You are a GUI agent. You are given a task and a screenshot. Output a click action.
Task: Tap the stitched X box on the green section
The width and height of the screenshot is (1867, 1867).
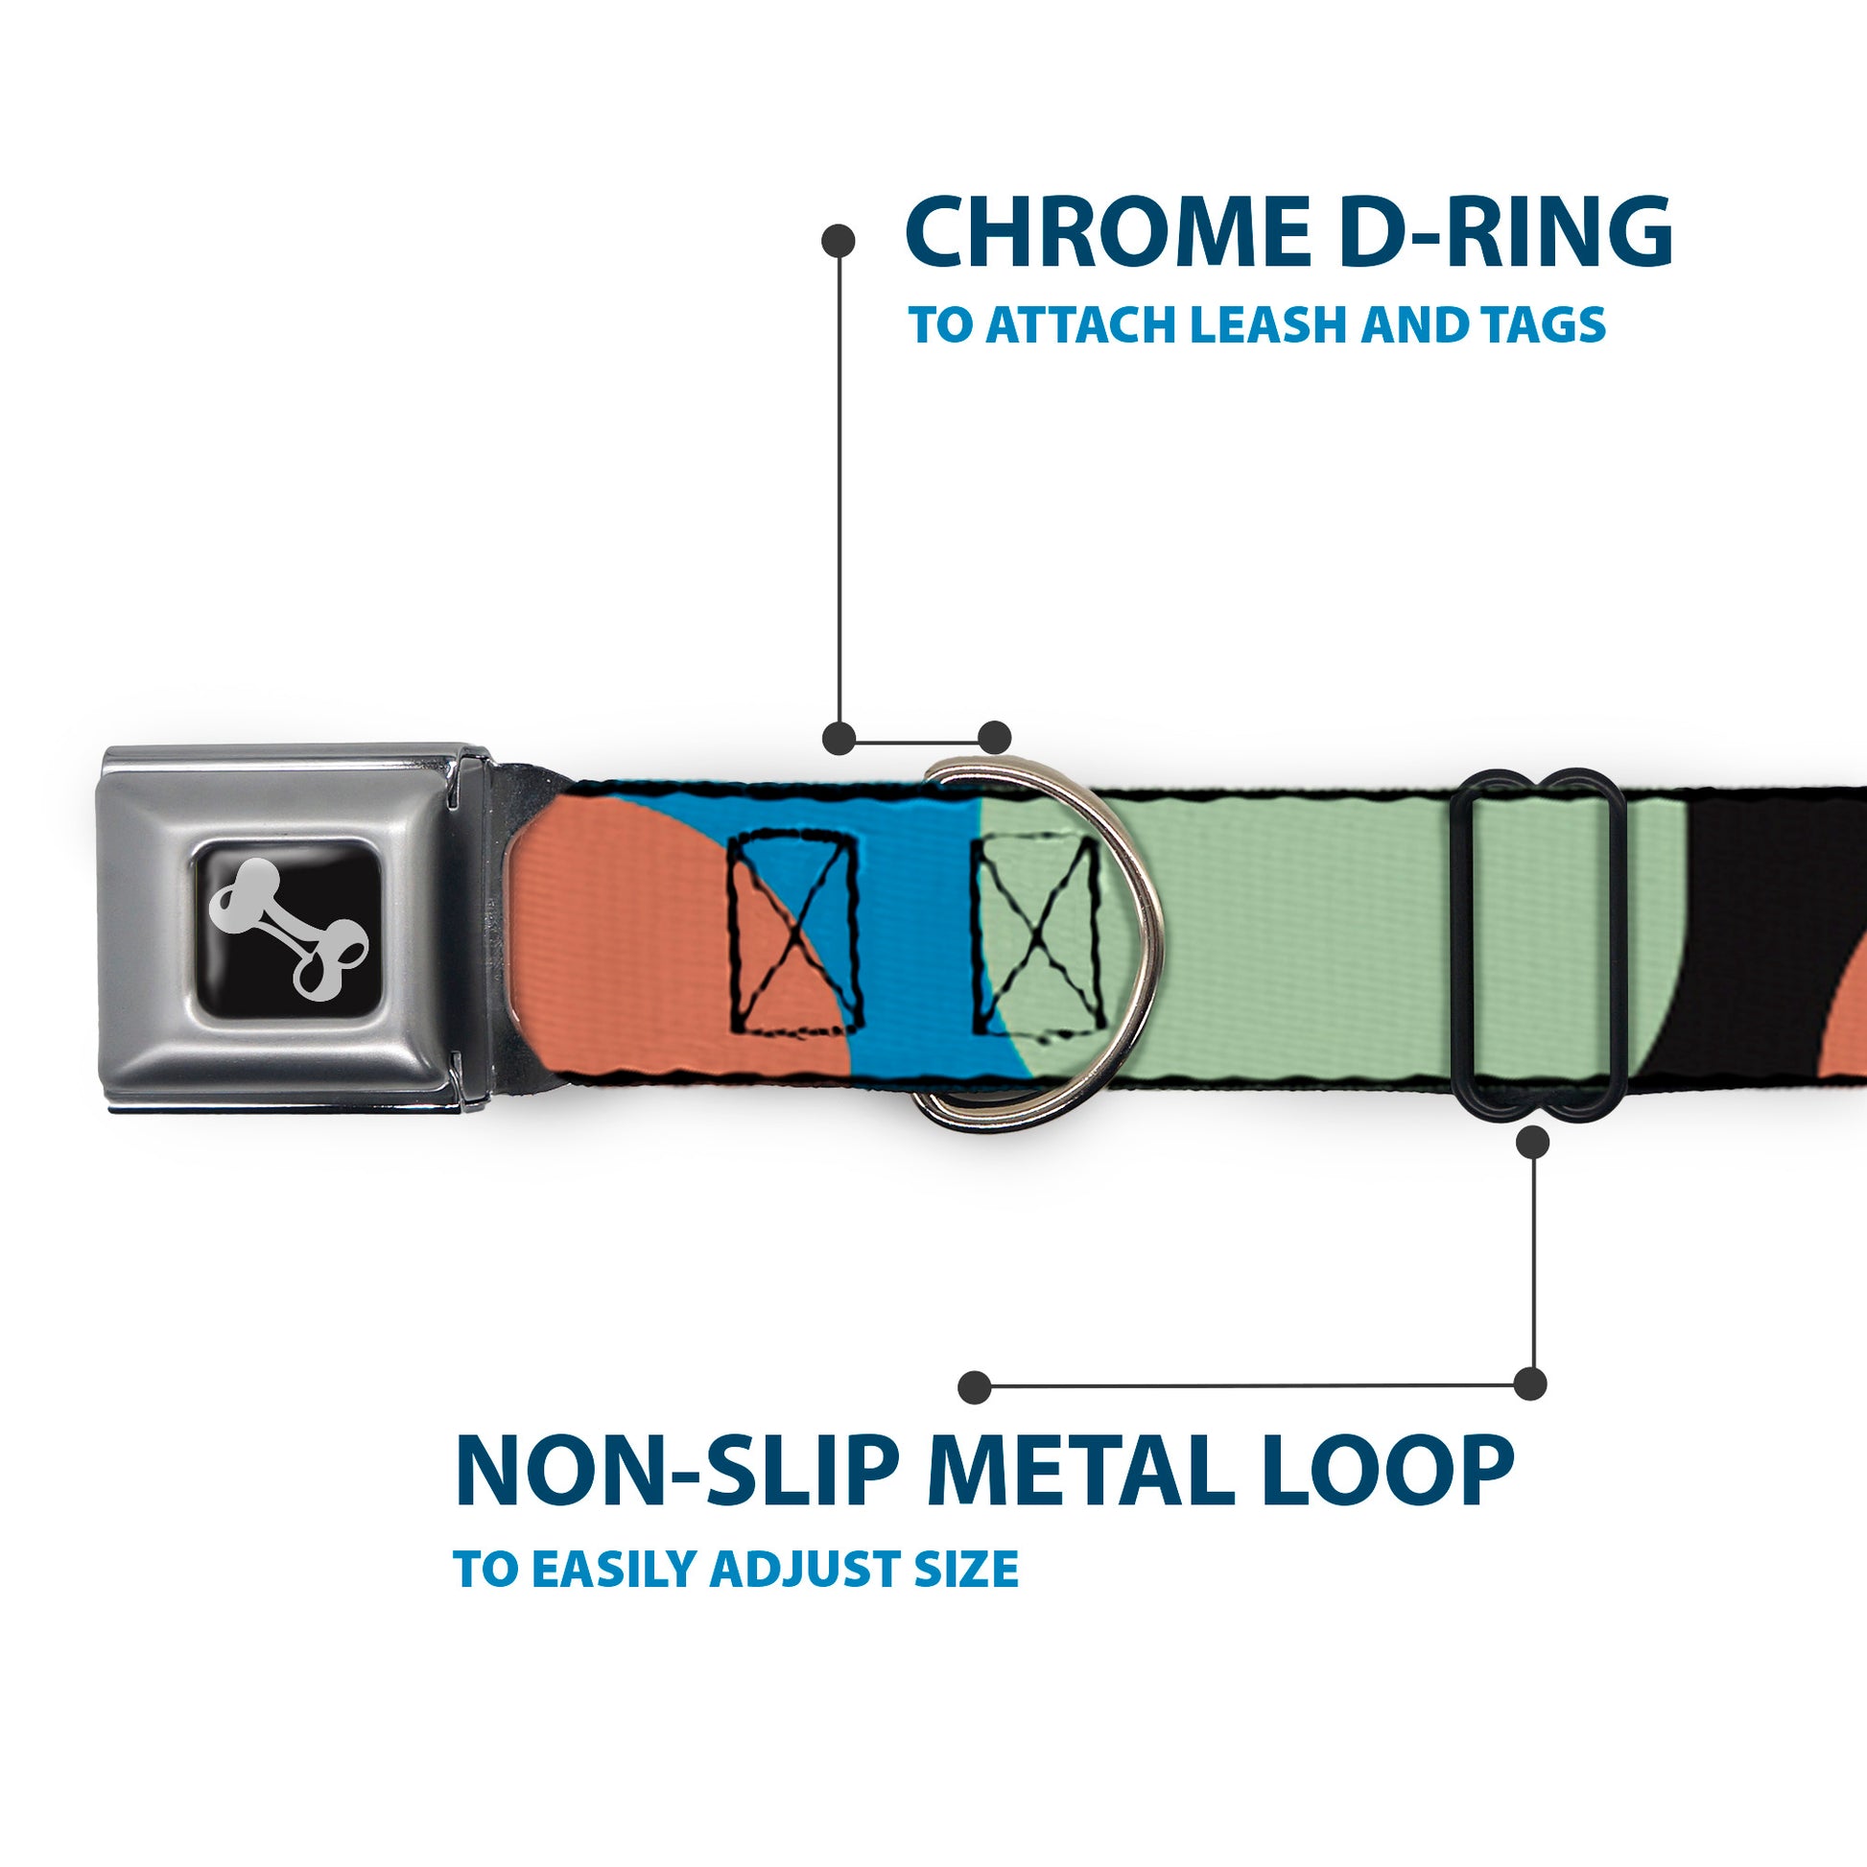coord(1039,935)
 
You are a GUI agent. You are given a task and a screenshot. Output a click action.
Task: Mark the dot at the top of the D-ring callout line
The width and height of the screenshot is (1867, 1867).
coord(838,241)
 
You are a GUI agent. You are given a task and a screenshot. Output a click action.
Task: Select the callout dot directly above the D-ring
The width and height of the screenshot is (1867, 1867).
coord(994,738)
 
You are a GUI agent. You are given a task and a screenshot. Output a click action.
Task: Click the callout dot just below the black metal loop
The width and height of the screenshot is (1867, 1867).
coord(1532,1144)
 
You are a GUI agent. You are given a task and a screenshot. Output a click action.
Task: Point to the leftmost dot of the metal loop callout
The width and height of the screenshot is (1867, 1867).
coord(975,1387)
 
